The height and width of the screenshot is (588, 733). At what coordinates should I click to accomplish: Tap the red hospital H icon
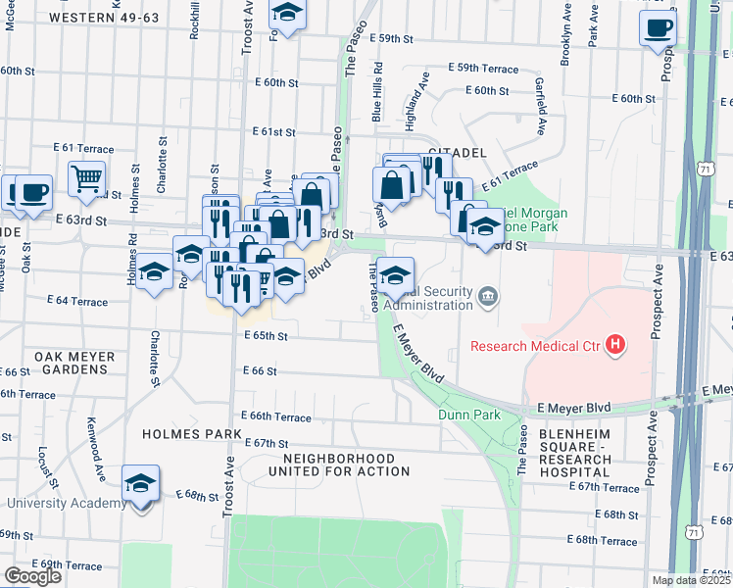click(x=615, y=345)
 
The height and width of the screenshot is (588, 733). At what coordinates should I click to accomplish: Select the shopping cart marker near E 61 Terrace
click(x=87, y=178)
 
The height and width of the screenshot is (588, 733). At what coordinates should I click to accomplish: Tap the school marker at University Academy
click(x=141, y=482)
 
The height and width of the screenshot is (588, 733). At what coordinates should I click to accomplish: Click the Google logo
click(x=32, y=575)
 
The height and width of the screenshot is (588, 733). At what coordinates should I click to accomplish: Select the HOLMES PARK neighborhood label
click(x=187, y=434)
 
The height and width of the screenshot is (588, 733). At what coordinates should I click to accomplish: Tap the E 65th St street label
click(x=266, y=336)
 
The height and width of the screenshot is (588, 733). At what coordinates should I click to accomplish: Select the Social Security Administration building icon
click(x=487, y=295)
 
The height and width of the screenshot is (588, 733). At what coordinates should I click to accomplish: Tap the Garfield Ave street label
click(x=540, y=107)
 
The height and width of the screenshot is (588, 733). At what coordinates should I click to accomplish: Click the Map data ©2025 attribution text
click(x=691, y=580)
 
